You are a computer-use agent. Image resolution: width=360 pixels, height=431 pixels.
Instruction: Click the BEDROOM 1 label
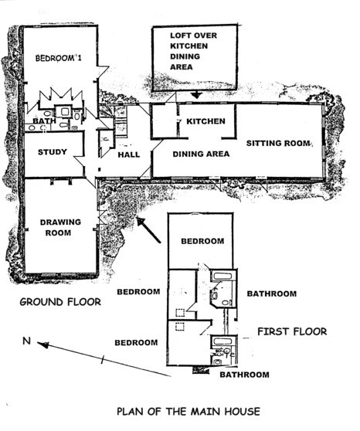point(58,58)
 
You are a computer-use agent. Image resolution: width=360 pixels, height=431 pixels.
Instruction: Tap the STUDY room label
point(53,152)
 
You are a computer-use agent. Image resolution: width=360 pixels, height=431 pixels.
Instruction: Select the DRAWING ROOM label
point(60,227)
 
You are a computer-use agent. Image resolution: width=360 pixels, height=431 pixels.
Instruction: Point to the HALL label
point(129,154)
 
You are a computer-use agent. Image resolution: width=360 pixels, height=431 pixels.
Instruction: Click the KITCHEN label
point(205,121)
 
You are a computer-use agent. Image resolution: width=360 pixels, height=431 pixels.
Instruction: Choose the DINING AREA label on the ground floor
point(201,154)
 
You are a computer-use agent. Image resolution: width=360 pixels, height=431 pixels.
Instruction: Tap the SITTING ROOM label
point(278,143)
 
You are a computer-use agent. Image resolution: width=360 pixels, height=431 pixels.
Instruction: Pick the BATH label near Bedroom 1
point(44,121)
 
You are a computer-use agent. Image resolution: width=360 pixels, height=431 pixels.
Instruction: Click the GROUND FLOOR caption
point(60,302)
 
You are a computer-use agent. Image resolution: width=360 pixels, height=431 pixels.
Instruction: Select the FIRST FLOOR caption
point(292,331)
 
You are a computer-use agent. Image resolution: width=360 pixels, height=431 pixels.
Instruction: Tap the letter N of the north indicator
point(26,341)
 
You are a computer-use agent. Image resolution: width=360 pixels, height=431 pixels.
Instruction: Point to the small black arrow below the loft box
point(196,95)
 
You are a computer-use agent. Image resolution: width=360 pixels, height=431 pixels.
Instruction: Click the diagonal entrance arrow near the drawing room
point(148,230)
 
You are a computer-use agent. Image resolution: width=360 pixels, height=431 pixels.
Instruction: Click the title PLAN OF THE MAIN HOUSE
point(188,412)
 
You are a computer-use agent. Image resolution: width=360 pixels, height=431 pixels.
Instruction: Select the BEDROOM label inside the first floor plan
point(202,241)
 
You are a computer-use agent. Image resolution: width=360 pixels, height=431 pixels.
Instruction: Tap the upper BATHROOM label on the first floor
point(272,294)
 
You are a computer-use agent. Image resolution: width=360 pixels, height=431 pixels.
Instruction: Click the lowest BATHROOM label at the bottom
point(244,375)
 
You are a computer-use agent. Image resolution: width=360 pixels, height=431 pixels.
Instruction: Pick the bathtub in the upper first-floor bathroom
point(222,276)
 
